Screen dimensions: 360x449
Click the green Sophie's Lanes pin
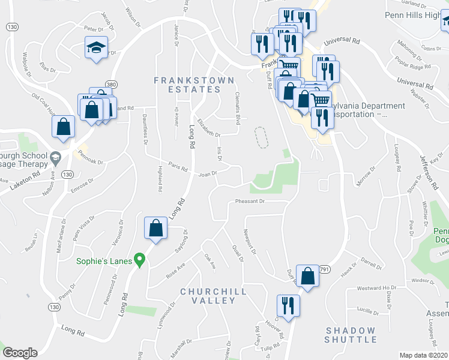pos(140,260)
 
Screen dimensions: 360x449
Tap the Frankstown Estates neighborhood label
pos(187,85)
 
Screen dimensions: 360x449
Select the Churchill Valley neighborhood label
pos(209,296)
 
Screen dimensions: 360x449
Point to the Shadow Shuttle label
pos(351,335)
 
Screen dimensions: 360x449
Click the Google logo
pos(20,353)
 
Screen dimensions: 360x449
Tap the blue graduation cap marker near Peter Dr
pos(95,48)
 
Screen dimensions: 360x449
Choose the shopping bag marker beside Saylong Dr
pos(155,228)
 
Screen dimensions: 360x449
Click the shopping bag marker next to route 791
pos(307,276)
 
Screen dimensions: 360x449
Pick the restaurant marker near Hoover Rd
pos(288,305)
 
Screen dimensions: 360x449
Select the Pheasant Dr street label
pos(250,202)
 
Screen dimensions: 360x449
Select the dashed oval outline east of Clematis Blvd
pos(261,137)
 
